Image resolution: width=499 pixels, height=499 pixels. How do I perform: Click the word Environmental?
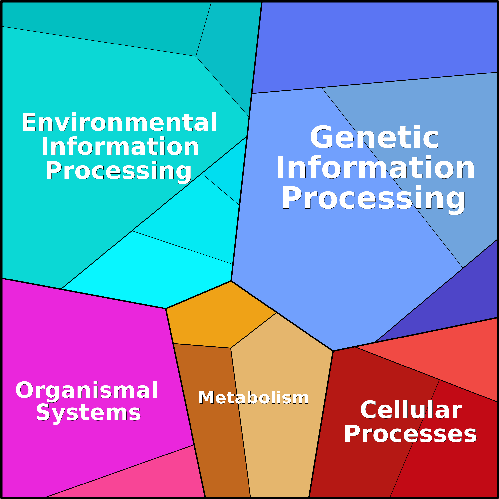click(119, 122)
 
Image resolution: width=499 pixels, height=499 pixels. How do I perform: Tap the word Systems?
click(88, 413)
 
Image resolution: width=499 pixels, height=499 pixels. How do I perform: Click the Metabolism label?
click(253, 398)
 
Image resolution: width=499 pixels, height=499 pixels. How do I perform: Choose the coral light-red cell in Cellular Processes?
click(444, 356)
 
